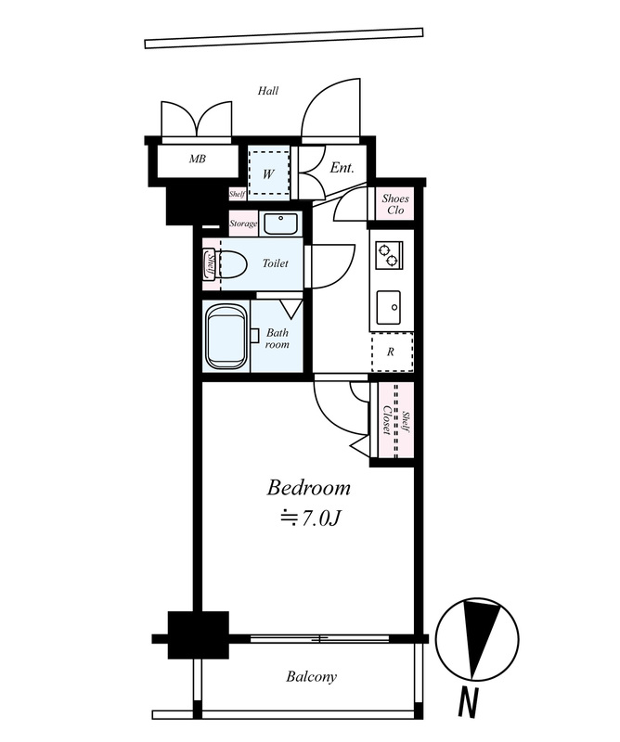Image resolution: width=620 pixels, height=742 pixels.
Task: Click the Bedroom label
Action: [x=308, y=488]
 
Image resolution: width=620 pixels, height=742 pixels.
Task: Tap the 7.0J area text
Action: [x=311, y=519]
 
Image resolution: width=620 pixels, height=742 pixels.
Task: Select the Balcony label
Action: [x=311, y=677]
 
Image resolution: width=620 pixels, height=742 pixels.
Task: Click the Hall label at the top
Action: [x=268, y=90]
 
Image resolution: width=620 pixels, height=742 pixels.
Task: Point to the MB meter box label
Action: [x=198, y=159]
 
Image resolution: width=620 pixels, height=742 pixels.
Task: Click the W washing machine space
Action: [x=268, y=173]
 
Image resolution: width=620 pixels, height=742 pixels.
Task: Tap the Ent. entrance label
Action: [x=342, y=168]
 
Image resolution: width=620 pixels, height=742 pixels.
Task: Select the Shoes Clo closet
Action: [x=395, y=204]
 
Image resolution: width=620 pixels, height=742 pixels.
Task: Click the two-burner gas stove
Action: [x=389, y=254]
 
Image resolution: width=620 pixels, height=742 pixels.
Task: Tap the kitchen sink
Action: [x=388, y=308]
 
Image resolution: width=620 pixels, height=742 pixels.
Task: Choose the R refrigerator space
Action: [x=392, y=352]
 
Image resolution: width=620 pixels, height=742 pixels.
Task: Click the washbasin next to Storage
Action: [x=280, y=224]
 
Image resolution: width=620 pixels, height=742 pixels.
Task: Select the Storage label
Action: [x=243, y=224]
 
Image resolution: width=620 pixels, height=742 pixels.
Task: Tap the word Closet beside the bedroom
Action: [x=386, y=420]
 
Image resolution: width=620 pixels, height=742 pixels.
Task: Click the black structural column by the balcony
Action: [x=199, y=635]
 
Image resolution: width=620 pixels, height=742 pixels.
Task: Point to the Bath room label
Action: [x=278, y=339]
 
